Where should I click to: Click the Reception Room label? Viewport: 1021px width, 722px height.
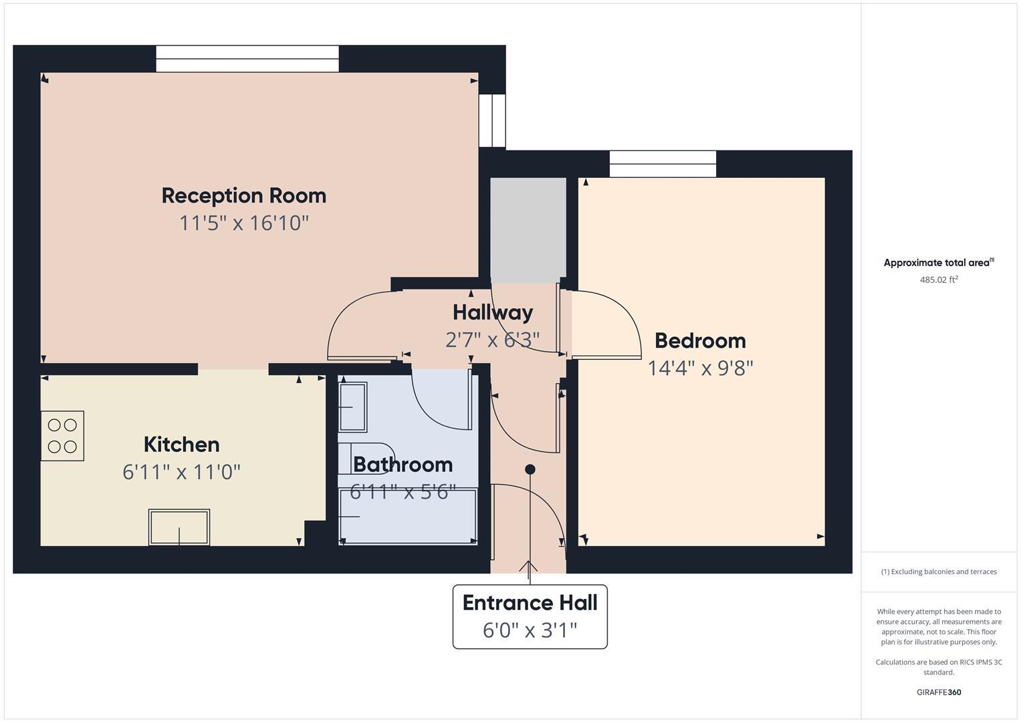pyautogui.click(x=244, y=196)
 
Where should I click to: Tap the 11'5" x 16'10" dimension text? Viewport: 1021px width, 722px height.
pyautogui.click(x=244, y=223)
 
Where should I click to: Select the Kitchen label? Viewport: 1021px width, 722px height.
pyautogui.click(x=181, y=445)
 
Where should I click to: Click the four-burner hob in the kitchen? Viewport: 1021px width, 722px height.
pyautogui.click(x=62, y=436)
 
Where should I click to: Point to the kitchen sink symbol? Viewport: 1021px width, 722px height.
pyautogui.click(x=179, y=527)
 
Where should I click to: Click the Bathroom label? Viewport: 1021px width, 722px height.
pyautogui.click(x=403, y=464)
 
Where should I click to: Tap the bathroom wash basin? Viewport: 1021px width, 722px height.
pyautogui.click(x=352, y=406)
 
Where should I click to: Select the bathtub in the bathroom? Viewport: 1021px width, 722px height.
pyautogui.click(x=408, y=516)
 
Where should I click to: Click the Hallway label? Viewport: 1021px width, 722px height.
pyautogui.click(x=493, y=312)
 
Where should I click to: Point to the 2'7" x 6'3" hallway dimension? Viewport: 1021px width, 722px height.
pyautogui.click(x=493, y=340)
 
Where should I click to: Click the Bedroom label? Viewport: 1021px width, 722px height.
pyautogui.click(x=700, y=340)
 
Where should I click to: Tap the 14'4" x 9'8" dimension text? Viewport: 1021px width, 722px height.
pyautogui.click(x=700, y=368)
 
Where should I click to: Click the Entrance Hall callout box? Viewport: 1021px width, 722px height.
pyautogui.click(x=530, y=616)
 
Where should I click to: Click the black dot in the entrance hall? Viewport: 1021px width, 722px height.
pyautogui.click(x=530, y=469)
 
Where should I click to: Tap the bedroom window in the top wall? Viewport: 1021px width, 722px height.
pyautogui.click(x=663, y=164)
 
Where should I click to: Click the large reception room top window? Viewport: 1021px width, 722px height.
pyautogui.click(x=247, y=59)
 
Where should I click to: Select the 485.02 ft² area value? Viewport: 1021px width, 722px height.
pyautogui.click(x=939, y=280)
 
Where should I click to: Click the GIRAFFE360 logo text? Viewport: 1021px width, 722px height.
pyautogui.click(x=939, y=692)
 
